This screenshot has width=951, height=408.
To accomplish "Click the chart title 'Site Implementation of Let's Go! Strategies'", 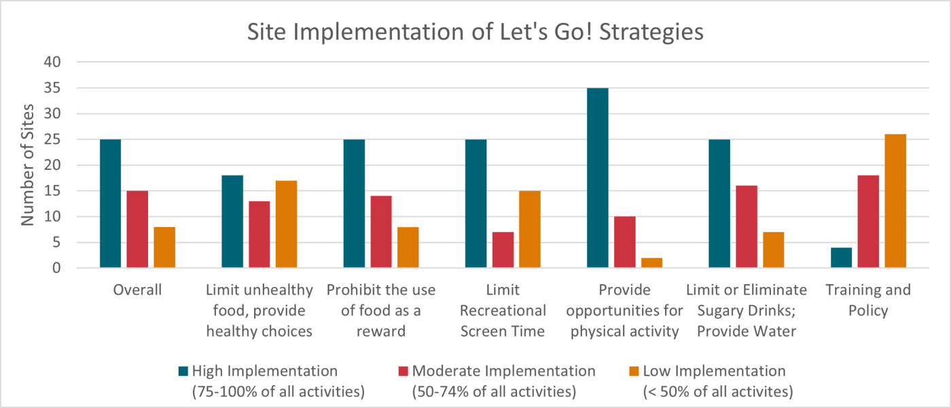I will click(475, 32).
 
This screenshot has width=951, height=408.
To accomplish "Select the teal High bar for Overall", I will click(110, 204).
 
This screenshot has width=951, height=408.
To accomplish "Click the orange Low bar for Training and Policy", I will click(895, 201).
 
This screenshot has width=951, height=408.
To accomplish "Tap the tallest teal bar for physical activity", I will click(597, 178).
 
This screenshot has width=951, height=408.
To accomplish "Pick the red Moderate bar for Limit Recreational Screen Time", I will click(503, 250).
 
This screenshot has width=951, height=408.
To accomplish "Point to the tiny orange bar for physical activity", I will click(651, 263).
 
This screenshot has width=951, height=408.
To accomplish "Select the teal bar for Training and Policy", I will click(841, 258).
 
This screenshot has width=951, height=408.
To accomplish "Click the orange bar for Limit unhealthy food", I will click(286, 224).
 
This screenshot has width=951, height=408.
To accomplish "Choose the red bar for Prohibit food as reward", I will click(381, 233).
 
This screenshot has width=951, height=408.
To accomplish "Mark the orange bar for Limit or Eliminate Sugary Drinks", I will click(773, 250).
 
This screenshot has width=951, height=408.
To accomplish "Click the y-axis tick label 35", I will click(53, 88).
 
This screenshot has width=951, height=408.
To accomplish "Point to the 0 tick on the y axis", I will click(57, 269).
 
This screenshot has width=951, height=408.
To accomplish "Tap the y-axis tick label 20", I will click(53, 165).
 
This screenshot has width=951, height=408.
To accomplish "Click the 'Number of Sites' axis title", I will click(26, 165).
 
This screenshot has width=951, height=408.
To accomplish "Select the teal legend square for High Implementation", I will click(183, 371).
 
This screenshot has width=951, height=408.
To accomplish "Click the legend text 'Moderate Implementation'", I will click(503, 371).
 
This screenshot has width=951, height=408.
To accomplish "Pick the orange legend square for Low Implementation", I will click(633, 371).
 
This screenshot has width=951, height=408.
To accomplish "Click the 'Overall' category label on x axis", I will click(137, 290).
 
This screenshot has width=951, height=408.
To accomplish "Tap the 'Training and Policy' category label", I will click(867, 301).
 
